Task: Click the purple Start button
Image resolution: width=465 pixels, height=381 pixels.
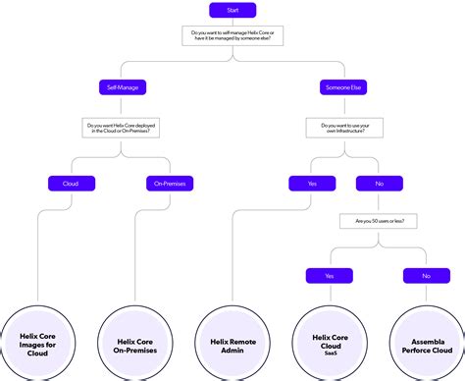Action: pyautogui.click(x=232, y=11)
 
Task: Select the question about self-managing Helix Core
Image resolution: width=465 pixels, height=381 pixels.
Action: pyautogui.click(x=232, y=36)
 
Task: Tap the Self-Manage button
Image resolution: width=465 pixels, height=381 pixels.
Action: pyautogui.click(x=126, y=87)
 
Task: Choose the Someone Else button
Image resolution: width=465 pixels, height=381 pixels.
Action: pyautogui.click(x=343, y=87)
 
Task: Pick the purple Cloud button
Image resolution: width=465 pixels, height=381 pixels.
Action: pyautogui.click(x=72, y=183)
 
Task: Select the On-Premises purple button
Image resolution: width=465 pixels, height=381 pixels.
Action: pyautogui.click(x=172, y=183)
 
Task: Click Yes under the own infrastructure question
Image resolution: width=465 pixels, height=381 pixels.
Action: pyautogui.click(x=312, y=183)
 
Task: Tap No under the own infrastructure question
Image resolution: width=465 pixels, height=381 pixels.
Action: pyautogui.click(x=379, y=183)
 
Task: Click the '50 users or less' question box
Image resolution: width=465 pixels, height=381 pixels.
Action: pyautogui.click(x=379, y=222)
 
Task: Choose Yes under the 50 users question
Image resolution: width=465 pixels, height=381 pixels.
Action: pyautogui.click(x=330, y=276)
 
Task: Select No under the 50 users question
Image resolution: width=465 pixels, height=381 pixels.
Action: pyautogui.click(x=427, y=276)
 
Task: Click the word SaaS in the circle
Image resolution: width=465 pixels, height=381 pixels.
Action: pyautogui.click(x=330, y=355)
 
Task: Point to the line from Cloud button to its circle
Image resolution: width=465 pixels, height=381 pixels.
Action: pyautogui.click(x=38, y=255)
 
